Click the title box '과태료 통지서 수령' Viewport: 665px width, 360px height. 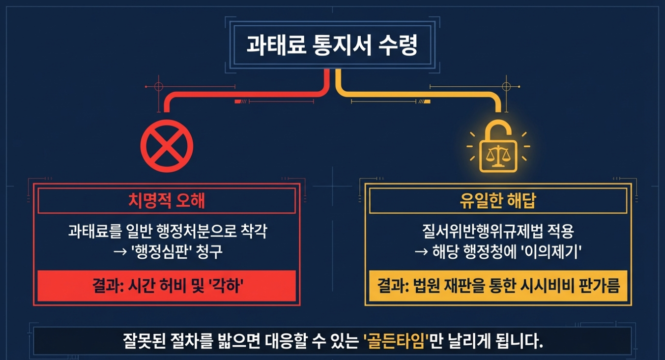click(332, 46)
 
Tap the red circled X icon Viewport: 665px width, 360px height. click(166, 146)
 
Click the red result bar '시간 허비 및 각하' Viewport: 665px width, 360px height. click(166, 286)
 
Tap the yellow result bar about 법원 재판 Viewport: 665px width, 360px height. click(498, 286)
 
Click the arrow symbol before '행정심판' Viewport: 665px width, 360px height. click(118, 252)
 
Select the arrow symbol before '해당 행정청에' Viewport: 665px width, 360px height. click(421, 252)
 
